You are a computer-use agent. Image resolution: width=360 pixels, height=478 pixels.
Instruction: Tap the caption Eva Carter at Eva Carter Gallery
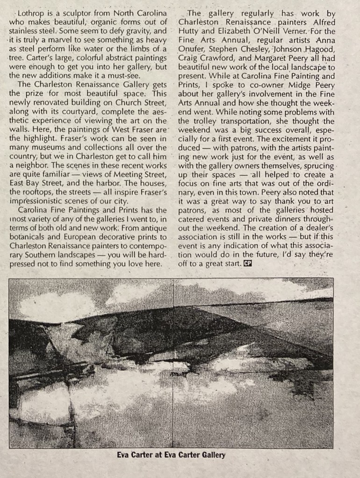tap(171, 455)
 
